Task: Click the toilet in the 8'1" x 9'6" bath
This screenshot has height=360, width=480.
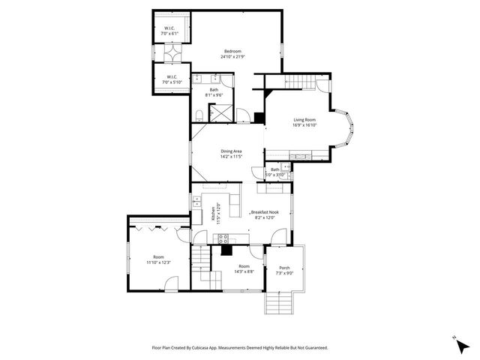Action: [198, 113]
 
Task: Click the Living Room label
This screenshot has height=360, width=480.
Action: [304, 120]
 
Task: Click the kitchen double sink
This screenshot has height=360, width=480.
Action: [197, 202]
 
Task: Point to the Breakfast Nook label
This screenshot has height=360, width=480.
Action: [266, 212]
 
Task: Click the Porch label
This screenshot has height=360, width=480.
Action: [284, 268]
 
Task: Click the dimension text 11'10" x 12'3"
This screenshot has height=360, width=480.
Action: [158, 262]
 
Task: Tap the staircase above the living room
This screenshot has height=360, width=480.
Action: [300, 82]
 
